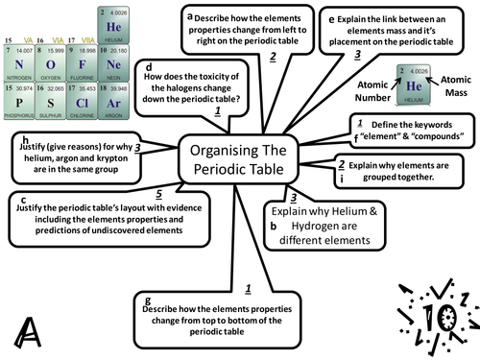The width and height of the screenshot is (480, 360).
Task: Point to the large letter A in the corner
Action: click(28, 332)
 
